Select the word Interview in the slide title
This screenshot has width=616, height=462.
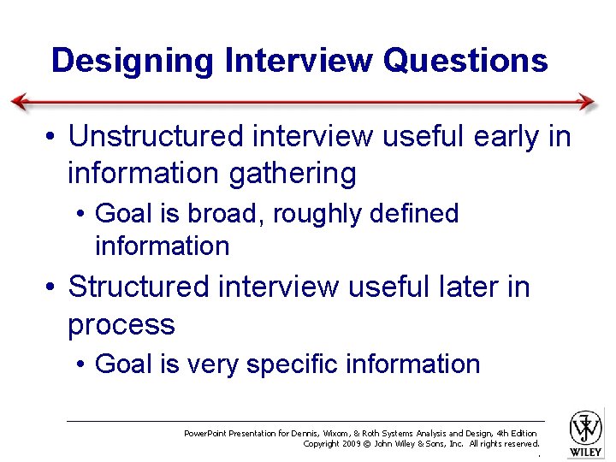pos(299,61)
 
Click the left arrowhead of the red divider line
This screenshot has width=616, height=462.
pos(19,102)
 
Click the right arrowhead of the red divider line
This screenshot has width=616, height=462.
pos(588,102)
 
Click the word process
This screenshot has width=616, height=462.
pos(121,324)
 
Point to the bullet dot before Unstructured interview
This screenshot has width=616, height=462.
pos(53,137)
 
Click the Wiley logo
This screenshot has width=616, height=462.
pos(586,433)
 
